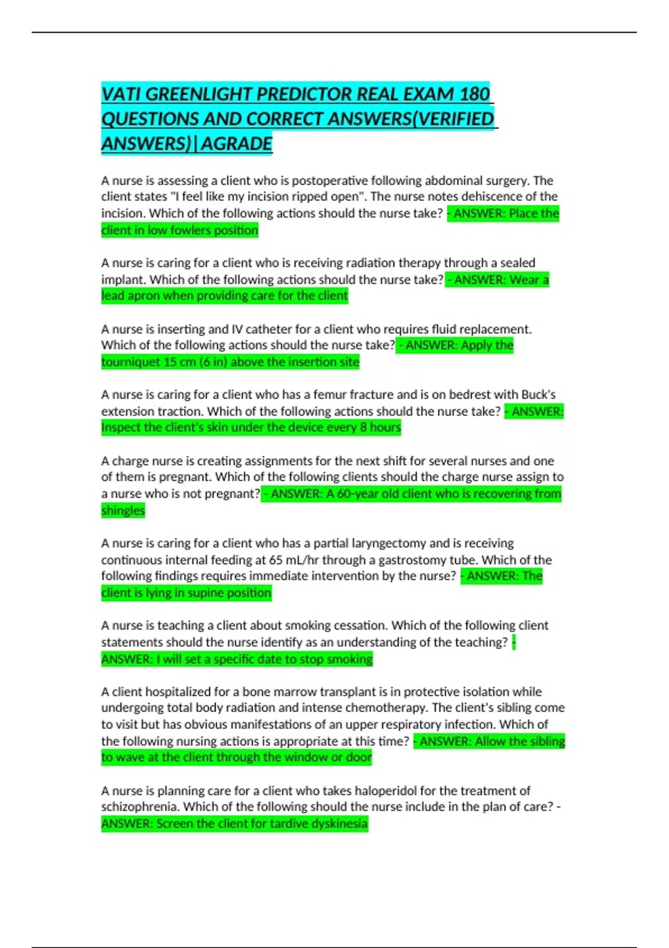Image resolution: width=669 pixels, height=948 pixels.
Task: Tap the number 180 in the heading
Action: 475,94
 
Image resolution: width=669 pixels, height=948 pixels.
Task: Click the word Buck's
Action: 538,395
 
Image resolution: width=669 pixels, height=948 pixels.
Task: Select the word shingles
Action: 123,510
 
